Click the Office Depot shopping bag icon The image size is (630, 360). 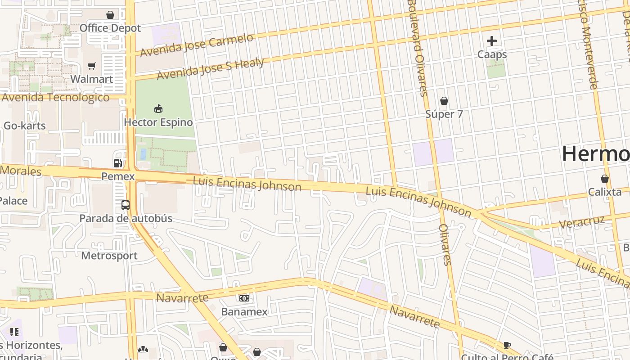point(110,15)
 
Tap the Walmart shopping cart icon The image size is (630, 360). point(92,66)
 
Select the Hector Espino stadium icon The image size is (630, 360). point(158,109)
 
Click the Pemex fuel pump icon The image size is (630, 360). point(118,163)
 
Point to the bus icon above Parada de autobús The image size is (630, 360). point(126,205)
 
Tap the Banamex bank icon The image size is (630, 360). point(244,298)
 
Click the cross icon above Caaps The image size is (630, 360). point(492,41)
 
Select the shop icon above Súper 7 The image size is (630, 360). point(444,101)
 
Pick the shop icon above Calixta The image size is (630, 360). point(605,179)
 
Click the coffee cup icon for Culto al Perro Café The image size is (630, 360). point(507,346)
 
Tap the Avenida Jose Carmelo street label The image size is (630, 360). point(197,45)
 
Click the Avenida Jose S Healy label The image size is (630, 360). point(210,68)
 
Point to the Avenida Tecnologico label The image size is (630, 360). point(55,97)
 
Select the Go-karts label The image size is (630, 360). point(25,126)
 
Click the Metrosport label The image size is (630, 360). point(109,256)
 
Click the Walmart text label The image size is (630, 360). point(92,79)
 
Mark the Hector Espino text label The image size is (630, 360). point(158,122)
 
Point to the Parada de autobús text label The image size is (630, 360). point(126,219)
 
